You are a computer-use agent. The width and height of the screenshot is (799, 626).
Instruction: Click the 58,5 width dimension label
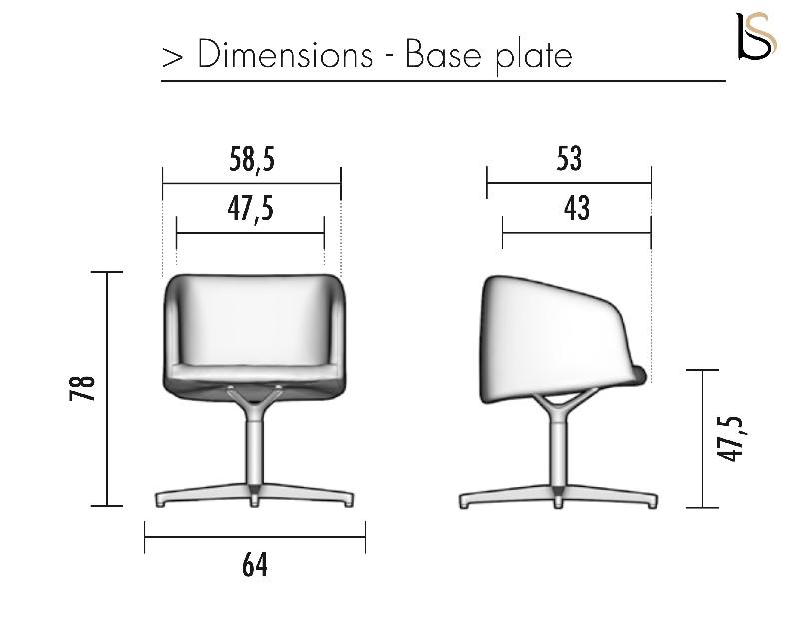[x=251, y=160]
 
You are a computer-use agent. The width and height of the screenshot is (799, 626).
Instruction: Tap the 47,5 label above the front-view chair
[x=250, y=210]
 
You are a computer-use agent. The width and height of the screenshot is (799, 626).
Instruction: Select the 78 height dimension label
[x=86, y=388]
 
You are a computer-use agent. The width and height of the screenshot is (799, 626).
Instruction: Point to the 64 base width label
[x=255, y=565]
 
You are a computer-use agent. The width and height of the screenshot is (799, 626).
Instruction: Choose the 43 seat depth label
[x=576, y=209]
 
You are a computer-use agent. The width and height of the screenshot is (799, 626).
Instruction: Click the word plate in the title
[x=534, y=57]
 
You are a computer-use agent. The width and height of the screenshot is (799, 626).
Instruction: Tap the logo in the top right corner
[x=754, y=37]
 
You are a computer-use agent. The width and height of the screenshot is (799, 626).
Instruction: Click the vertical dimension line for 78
[x=108, y=388]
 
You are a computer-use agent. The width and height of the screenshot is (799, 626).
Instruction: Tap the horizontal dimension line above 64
[x=255, y=542]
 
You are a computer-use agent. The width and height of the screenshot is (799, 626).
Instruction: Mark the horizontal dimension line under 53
[x=568, y=183]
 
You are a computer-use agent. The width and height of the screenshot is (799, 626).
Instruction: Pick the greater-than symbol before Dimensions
[x=171, y=57]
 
